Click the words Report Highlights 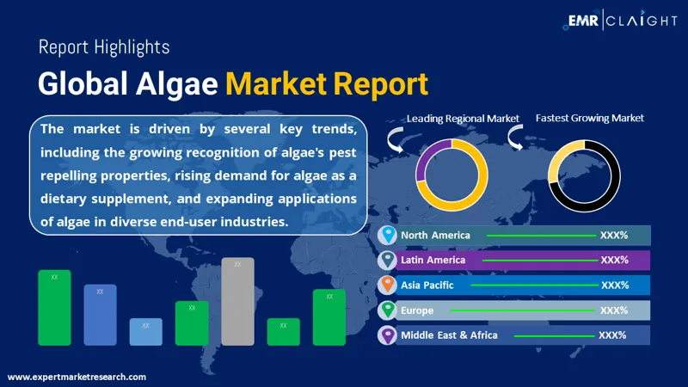(x=104, y=47)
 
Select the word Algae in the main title (x=180, y=83)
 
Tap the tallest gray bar (x=237, y=301)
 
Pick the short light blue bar (x=145, y=332)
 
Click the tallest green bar (x=54, y=307)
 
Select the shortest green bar (x=283, y=332)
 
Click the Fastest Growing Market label (x=589, y=118)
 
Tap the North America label (x=436, y=235)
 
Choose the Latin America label (x=433, y=260)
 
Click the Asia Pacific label (x=427, y=285)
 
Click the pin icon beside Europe (x=387, y=310)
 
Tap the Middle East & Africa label (x=449, y=335)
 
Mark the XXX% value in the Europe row (x=614, y=310)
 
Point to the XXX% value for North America (x=614, y=235)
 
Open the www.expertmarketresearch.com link (x=77, y=377)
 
